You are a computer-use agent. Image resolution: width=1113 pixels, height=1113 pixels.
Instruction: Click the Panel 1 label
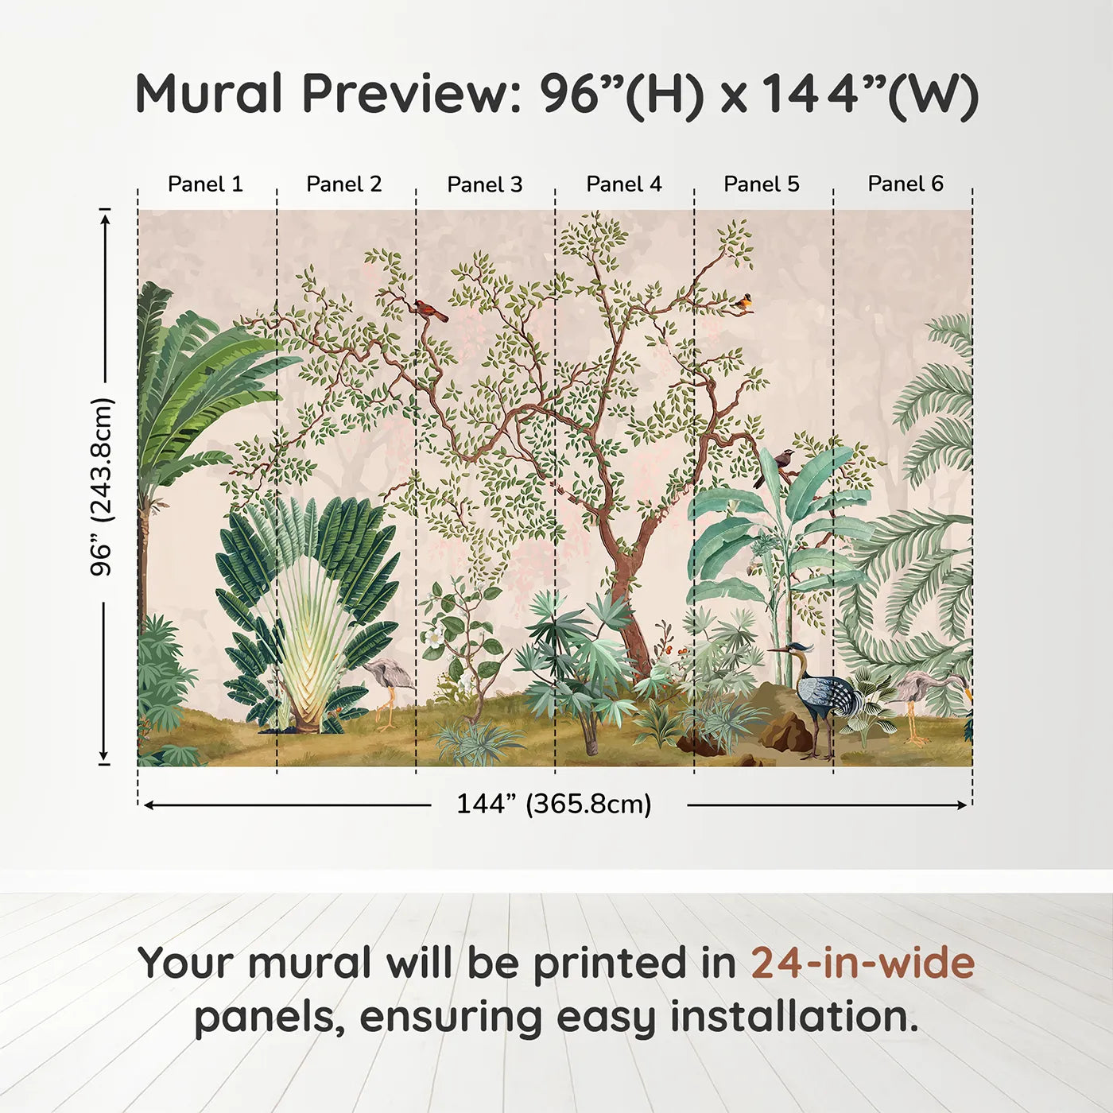tap(205, 184)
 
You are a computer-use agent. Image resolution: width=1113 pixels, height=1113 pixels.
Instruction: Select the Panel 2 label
tap(343, 184)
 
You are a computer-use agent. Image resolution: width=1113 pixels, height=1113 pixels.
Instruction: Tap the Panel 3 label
tap(485, 184)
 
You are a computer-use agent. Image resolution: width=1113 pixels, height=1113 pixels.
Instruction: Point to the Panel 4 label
tap(624, 184)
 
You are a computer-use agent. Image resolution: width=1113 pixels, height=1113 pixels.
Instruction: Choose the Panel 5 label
tap(762, 184)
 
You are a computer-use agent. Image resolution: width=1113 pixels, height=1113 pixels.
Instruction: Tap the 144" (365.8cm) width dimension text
tap(553, 804)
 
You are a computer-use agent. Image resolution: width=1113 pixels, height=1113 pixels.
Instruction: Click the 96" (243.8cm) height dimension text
tap(103, 487)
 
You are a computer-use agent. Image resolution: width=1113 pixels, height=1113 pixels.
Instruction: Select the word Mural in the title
tap(209, 94)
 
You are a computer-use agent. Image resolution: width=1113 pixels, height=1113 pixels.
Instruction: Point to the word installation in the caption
tap(794, 1017)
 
